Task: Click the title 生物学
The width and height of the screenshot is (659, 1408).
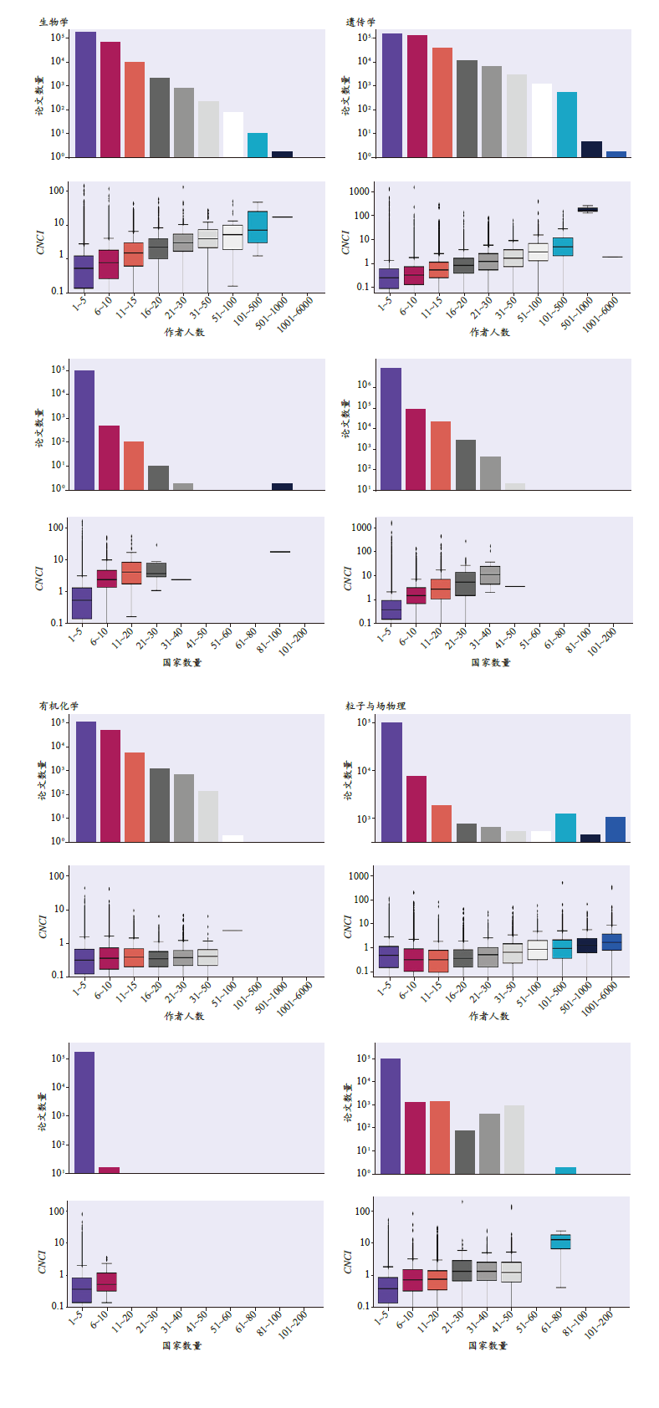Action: click(54, 23)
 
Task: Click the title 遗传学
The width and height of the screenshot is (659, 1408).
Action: click(360, 23)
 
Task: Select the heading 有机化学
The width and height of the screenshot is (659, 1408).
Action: click(59, 706)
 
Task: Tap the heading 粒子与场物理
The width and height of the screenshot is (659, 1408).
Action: click(375, 706)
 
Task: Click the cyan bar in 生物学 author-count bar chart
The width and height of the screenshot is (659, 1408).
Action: click(258, 145)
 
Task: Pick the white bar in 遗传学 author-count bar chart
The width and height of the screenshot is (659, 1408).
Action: click(542, 120)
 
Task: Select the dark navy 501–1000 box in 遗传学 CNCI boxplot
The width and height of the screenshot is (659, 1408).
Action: click(588, 210)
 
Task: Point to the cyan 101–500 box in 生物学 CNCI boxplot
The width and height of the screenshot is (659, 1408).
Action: click(258, 227)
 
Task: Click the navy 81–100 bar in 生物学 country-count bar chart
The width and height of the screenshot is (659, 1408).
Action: click(282, 487)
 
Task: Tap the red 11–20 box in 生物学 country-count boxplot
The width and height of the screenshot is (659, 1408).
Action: click(131, 573)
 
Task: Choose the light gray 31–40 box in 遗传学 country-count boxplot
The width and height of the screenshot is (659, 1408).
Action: click(490, 575)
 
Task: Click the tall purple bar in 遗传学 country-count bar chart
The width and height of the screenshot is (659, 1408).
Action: click(391, 428)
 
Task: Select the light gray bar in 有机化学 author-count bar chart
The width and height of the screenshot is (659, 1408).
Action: click(208, 816)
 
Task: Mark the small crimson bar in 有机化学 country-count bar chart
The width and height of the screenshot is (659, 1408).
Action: click(109, 1170)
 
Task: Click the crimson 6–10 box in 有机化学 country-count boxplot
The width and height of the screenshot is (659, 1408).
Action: click(106, 1282)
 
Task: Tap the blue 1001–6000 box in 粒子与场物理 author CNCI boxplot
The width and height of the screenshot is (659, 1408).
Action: click(612, 942)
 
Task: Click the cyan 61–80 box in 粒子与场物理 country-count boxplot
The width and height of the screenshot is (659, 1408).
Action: click(560, 1242)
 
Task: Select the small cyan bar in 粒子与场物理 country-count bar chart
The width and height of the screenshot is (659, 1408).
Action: click(565, 1170)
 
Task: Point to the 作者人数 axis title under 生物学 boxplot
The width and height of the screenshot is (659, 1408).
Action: click(184, 332)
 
